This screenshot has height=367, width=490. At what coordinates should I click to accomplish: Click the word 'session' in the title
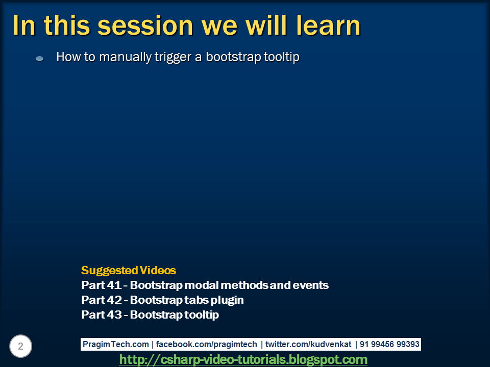point(145,26)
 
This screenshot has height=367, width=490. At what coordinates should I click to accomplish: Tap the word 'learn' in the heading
point(328,25)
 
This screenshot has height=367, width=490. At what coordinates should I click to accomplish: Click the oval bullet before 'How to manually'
point(40,58)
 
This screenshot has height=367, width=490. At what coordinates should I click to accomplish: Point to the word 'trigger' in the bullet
point(173,58)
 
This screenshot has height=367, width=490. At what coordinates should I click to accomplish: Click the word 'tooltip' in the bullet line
point(282,57)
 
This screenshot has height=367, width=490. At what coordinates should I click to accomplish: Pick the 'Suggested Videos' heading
point(129,270)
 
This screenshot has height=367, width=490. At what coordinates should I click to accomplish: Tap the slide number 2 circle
point(20,346)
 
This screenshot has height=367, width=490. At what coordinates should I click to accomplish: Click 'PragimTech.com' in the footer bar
point(116,344)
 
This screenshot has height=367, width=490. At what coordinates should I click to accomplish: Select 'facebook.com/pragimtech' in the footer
point(206,344)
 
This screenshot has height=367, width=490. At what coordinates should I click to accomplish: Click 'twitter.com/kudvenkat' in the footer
point(308,344)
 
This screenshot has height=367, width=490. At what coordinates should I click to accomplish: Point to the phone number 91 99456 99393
point(389,344)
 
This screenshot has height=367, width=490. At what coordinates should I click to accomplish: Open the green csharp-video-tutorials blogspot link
point(243,359)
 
